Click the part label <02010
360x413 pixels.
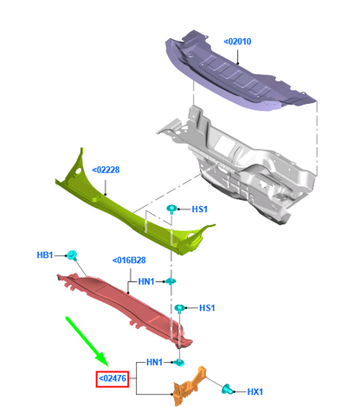pos(237,42)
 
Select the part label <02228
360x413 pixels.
pos(106,170)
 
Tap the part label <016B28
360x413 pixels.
pos(129,261)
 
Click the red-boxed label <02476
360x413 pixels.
pos(112,378)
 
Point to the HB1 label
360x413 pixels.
pos(45,255)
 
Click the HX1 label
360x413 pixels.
pos(255,391)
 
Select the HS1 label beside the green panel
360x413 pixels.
pos(200,210)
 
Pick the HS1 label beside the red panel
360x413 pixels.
pos(207,308)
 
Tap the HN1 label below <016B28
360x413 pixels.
pos(146,281)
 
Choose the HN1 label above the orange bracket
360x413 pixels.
pos(154,362)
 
